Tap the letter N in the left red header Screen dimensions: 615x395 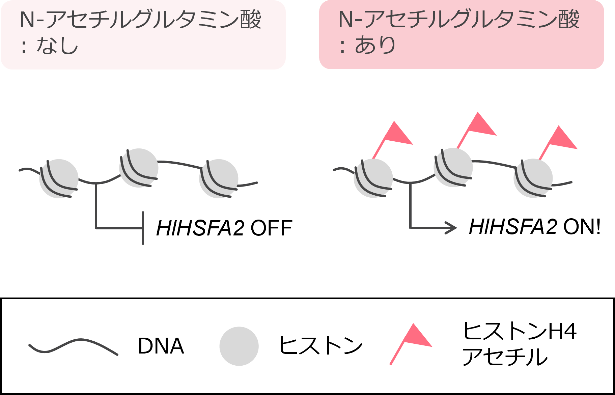point(27,20)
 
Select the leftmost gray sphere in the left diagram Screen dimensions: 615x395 point(59,178)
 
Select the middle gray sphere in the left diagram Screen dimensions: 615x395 point(139,168)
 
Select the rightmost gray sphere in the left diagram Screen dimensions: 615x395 point(219,178)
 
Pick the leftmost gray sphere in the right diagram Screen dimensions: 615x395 point(373,178)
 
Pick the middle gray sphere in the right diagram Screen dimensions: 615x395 point(453,167)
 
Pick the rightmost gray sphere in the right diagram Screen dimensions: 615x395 point(533,178)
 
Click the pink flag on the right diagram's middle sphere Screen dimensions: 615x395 point(481,125)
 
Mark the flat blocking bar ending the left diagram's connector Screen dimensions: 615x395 point(143,228)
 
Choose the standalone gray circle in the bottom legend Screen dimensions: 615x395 point(239,346)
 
